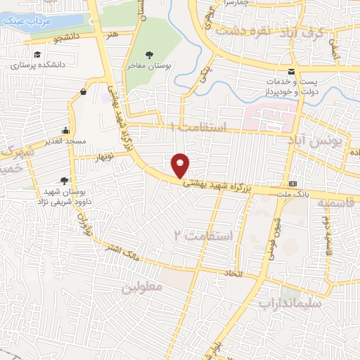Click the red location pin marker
click(181, 165)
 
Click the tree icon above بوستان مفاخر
click(149, 54)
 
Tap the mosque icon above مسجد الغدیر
click(66, 129)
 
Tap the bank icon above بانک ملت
click(293, 179)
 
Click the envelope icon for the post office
click(291, 71)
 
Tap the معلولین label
click(142, 287)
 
